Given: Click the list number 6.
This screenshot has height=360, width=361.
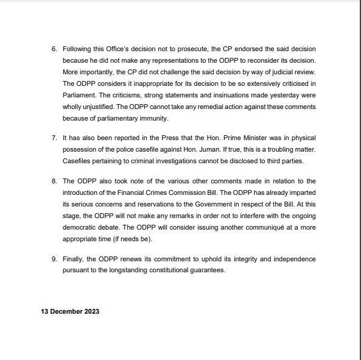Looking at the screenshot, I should tap(54, 49).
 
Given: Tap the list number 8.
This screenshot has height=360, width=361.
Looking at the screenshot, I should tap(54, 182).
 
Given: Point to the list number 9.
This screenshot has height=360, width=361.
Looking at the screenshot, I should tap(54, 259).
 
